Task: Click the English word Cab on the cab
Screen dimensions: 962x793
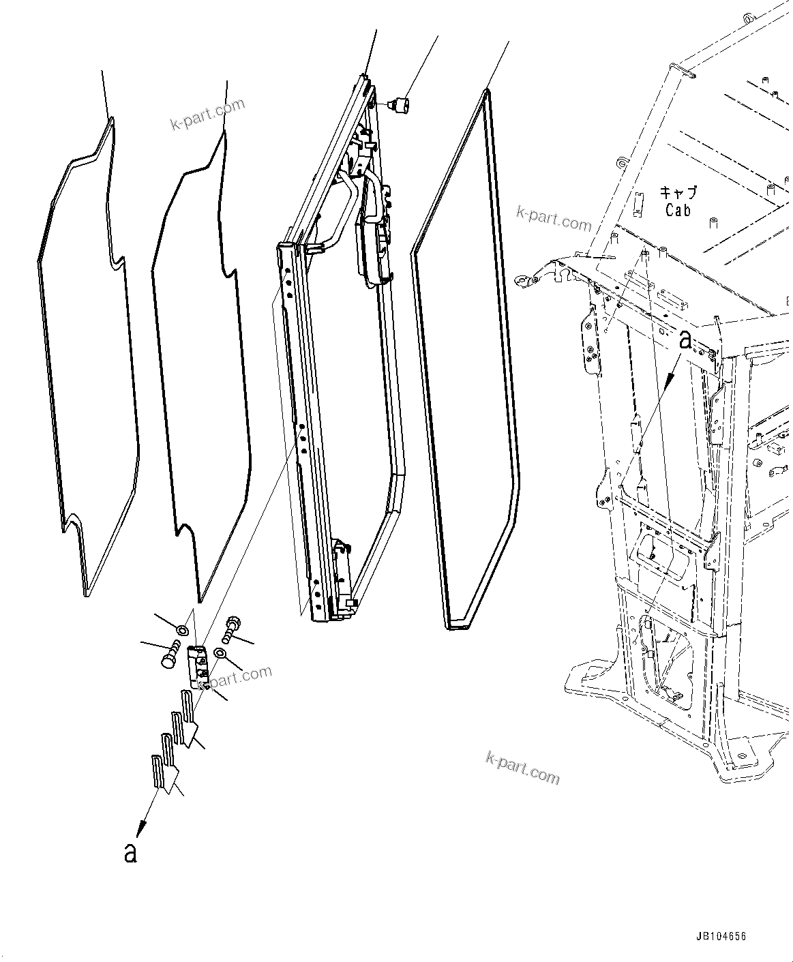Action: [x=678, y=211]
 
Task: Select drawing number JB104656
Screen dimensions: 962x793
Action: [x=721, y=937]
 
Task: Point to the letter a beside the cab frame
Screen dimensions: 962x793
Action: [x=685, y=340]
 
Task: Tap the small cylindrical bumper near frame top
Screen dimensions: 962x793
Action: [x=400, y=105]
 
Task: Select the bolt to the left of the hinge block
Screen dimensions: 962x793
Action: [x=170, y=656]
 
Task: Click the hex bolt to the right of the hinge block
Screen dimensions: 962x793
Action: [x=232, y=625]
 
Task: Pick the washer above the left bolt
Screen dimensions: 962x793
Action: [x=182, y=629]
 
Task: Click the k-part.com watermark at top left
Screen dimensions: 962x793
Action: [x=207, y=114]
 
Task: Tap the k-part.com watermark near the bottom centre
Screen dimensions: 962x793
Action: [x=523, y=768]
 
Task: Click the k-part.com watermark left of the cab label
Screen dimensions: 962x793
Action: [x=554, y=218]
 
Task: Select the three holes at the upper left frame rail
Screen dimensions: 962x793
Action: [x=289, y=282]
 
